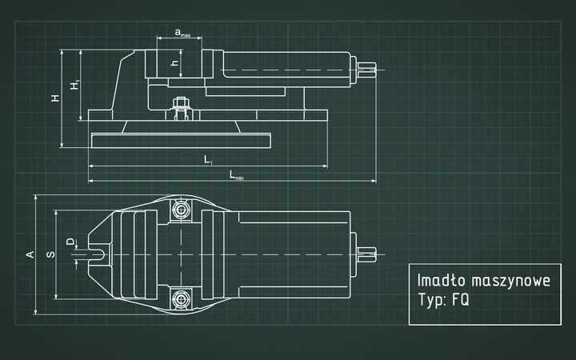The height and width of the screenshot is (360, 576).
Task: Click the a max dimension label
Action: tap(182, 34)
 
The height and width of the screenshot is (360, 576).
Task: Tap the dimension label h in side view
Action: tap(174, 62)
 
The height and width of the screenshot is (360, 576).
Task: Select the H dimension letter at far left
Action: tap(54, 98)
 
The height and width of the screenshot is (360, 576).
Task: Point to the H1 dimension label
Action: tap(74, 85)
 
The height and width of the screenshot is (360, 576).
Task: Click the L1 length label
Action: tap(208, 160)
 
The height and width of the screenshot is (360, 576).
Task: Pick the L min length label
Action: tap(236, 175)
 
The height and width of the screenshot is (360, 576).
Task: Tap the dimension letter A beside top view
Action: tap(30, 254)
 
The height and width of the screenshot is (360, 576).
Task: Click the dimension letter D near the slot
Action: tap(70, 241)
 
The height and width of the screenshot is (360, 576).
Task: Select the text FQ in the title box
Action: tap(460, 303)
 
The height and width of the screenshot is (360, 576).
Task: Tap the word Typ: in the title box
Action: tap(432, 304)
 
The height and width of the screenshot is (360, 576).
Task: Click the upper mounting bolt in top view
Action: tap(181, 210)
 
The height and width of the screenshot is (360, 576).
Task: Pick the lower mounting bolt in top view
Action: tap(181, 299)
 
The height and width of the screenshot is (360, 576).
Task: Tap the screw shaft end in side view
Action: tap(364, 70)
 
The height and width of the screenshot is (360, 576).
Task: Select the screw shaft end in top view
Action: tap(365, 254)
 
